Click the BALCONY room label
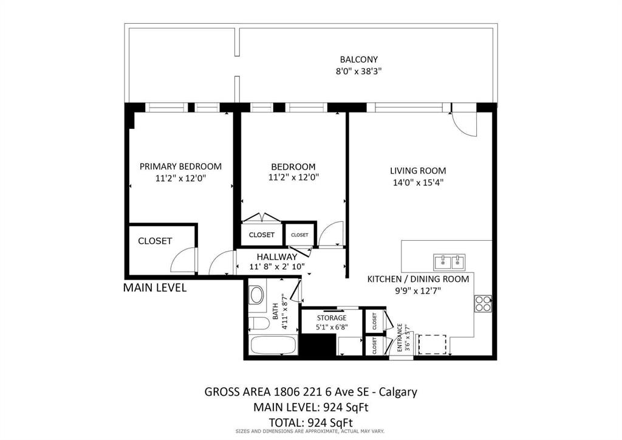[x=358, y=60]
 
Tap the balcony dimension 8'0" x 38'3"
[x=358, y=72]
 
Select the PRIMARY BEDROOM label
[x=180, y=167]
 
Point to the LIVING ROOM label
[x=418, y=171]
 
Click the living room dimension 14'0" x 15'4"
[x=418, y=183]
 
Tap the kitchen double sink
[x=449, y=263]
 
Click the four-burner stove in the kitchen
[x=483, y=304]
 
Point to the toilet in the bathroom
[x=259, y=323]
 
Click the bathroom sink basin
[x=257, y=295]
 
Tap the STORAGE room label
[x=332, y=318]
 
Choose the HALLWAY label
[x=277, y=257]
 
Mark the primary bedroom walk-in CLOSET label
[x=155, y=241]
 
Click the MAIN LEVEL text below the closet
[x=155, y=287]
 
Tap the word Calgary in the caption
[x=398, y=392]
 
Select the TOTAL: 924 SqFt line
[x=311, y=422]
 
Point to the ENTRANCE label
[x=400, y=338]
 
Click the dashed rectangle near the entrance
[x=432, y=345]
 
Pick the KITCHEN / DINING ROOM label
[x=418, y=280]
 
